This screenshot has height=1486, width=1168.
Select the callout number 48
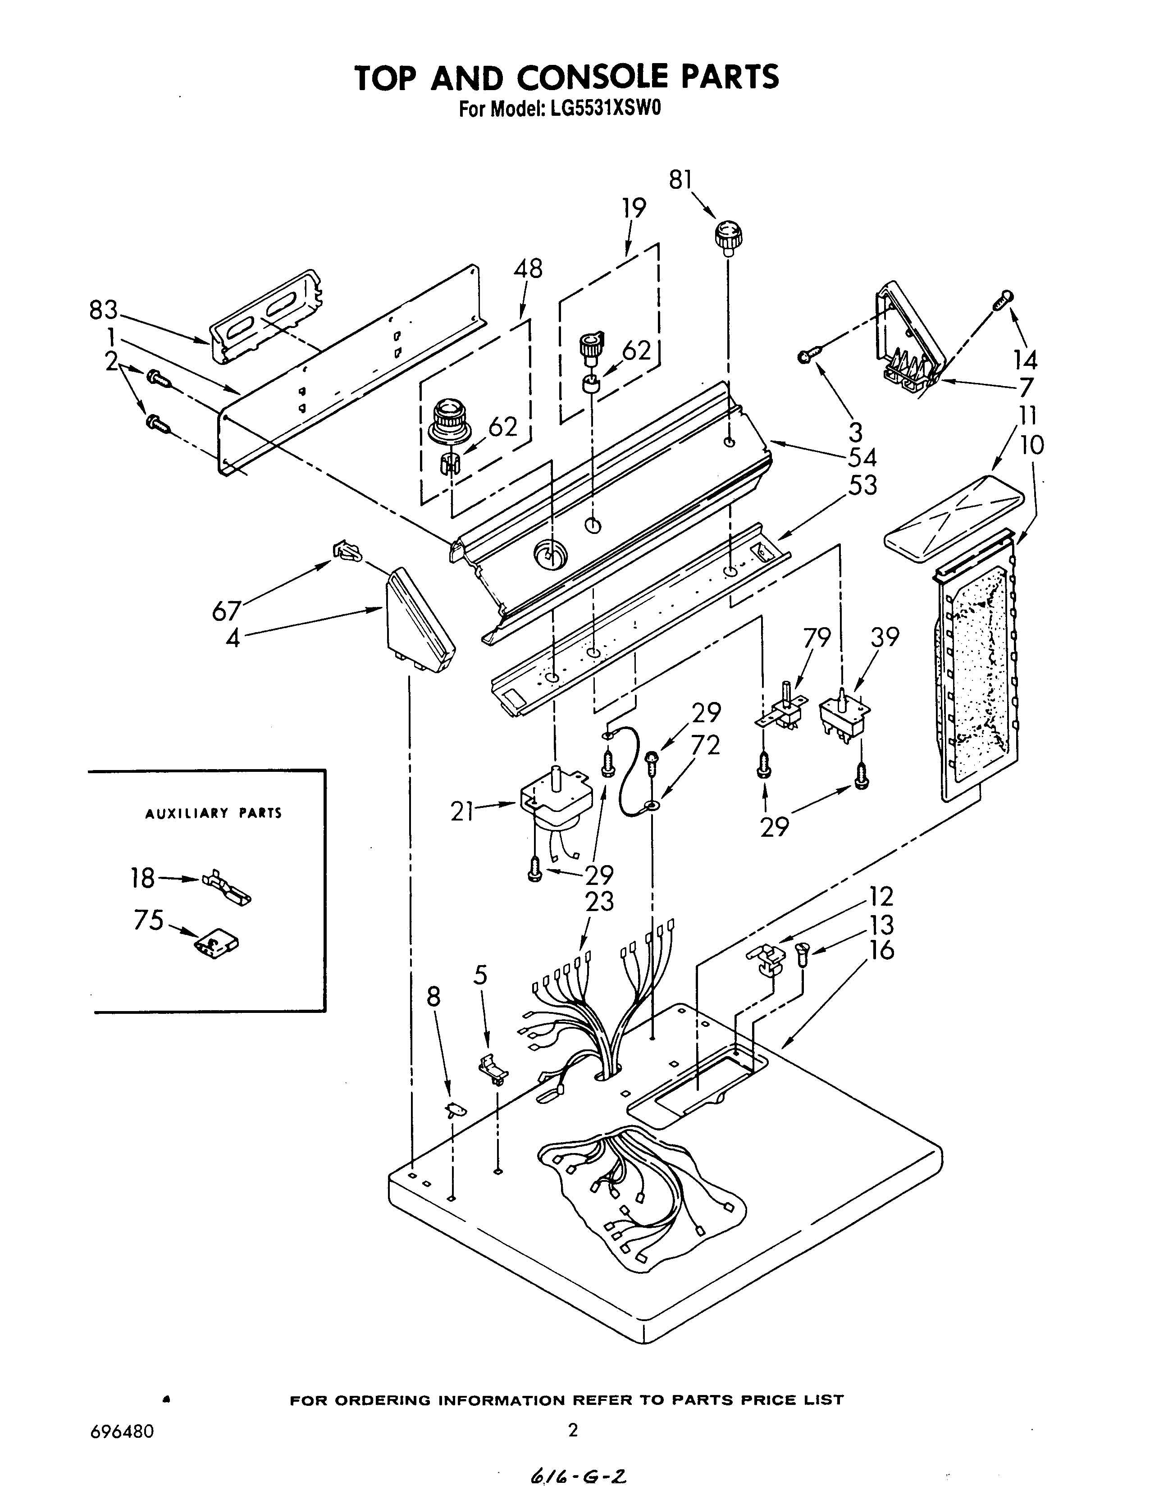[528, 268]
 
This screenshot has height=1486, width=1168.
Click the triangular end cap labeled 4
[419, 621]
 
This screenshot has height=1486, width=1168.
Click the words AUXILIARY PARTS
[213, 813]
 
